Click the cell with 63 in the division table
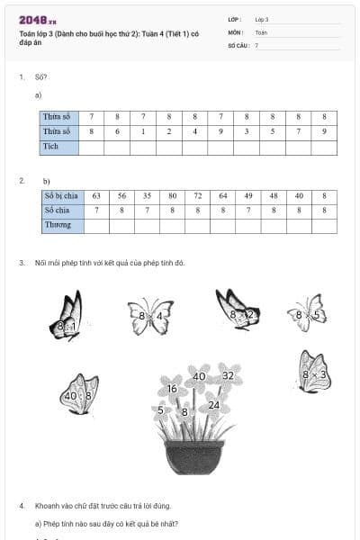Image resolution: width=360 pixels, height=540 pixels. coord(95,195)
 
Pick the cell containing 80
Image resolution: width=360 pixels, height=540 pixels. coord(172,195)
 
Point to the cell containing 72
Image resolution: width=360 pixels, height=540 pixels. coord(197,195)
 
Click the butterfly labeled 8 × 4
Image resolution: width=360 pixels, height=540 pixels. coord(150,317)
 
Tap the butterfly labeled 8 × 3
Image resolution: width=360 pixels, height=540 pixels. coord(314,371)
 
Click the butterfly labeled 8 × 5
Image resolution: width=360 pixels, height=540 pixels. coord(308,313)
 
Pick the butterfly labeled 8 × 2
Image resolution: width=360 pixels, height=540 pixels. coord(238,310)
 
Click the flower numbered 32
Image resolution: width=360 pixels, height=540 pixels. coord(228,376)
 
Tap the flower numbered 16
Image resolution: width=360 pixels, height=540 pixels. coord(172,390)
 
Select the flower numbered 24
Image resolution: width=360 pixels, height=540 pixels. coord(214,405)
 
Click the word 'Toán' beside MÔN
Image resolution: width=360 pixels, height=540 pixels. coord(261,31)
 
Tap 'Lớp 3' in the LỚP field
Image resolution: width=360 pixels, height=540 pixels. coord(262,19)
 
